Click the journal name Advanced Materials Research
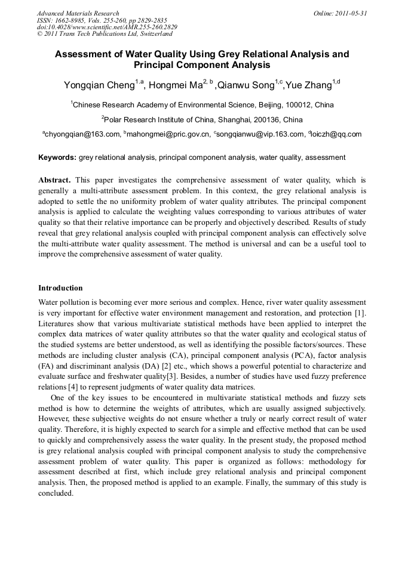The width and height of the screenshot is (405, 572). pyautogui.click(x=78, y=13)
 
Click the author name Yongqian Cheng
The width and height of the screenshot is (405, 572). pyautogui.click(x=99, y=85)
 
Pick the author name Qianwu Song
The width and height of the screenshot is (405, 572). pyautogui.click(x=246, y=85)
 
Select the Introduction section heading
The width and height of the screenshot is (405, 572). pyautogui.click(x=60, y=288)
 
